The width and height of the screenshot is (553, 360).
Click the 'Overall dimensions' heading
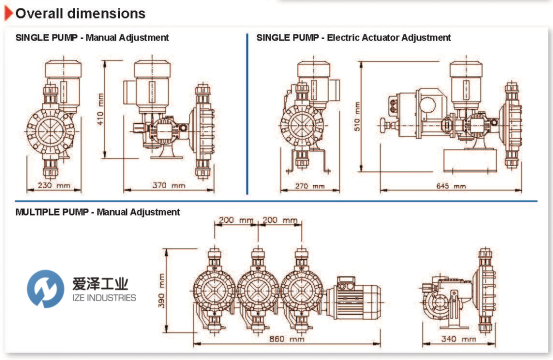point(80,13)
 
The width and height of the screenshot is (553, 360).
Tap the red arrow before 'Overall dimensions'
point(9,13)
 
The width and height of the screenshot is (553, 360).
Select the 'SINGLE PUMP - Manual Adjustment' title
point(92,37)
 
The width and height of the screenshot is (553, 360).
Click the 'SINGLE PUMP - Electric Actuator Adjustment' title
point(353,37)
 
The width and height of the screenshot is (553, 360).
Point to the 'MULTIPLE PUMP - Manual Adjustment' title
point(98,212)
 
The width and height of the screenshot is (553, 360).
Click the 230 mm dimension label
point(54,185)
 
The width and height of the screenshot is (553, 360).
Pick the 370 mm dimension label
point(169,185)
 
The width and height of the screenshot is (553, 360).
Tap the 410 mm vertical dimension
point(100,109)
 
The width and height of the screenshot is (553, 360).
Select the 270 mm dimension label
point(310,186)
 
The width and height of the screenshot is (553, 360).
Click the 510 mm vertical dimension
point(357,116)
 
